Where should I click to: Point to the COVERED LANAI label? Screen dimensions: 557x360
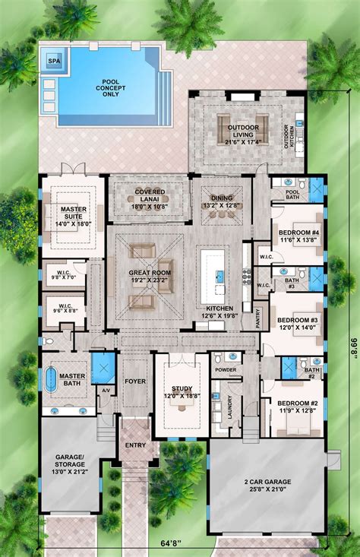[x=150, y=195]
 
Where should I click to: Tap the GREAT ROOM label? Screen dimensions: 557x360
[x=149, y=275]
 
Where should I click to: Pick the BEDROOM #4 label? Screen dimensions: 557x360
[x=293, y=234]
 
